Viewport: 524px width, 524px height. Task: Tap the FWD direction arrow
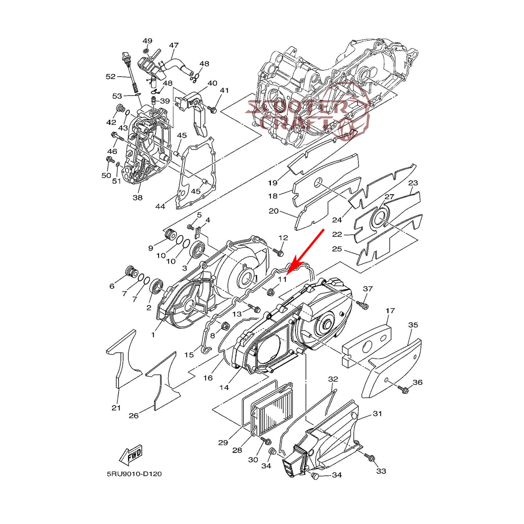click(131, 455)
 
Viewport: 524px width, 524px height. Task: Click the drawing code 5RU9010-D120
click(134, 474)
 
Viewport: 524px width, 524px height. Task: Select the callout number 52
click(111, 77)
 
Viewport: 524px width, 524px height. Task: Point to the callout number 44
click(160, 206)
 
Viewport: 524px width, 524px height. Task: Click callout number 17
click(390, 311)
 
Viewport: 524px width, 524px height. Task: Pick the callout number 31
click(377, 413)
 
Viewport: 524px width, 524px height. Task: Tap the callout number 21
click(116, 408)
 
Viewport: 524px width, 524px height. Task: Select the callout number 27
click(389, 197)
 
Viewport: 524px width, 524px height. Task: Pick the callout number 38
click(137, 198)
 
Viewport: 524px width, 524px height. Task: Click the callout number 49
click(147, 41)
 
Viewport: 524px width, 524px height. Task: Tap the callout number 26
click(133, 416)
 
